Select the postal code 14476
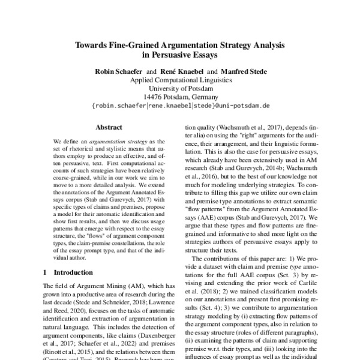tap(155, 97)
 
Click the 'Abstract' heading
tap(109, 127)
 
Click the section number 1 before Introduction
tap(46, 272)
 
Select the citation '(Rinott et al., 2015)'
tap(65, 345)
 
